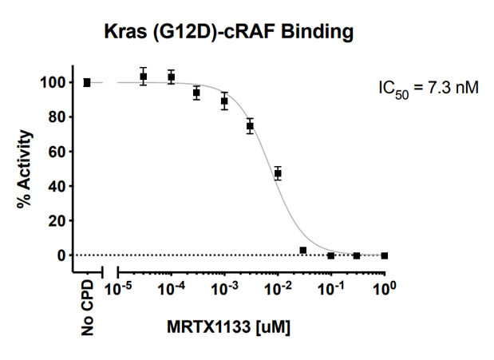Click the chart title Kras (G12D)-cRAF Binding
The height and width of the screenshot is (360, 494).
click(x=228, y=32)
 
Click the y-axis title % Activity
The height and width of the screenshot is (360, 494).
click(x=26, y=168)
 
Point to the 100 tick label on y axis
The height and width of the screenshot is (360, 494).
click(x=53, y=82)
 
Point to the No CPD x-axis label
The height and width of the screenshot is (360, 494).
click(x=88, y=306)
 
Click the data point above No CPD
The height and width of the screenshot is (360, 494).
click(x=87, y=82)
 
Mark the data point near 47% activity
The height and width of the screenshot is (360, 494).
click(x=278, y=173)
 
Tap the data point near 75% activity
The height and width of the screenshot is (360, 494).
click(x=251, y=126)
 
